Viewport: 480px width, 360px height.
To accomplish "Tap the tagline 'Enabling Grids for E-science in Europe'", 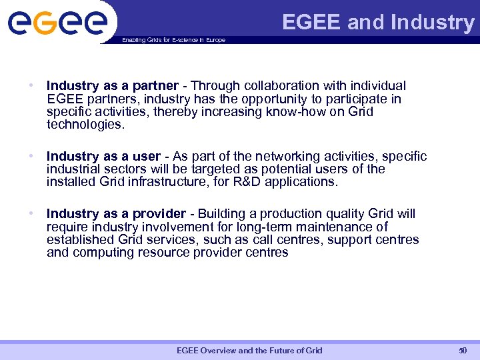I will (173, 40).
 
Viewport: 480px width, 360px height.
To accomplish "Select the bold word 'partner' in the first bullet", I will (156, 86).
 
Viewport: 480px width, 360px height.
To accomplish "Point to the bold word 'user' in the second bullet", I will (147, 157).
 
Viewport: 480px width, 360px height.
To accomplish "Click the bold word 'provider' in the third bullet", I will (159, 214).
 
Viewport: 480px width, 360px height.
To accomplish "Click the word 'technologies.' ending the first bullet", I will (86, 125).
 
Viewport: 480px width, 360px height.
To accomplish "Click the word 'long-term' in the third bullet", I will (264, 227).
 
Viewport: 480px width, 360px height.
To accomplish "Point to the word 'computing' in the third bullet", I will (105, 253).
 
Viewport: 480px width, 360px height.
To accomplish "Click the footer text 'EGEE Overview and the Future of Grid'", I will (249, 351).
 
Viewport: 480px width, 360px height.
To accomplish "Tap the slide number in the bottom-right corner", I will (463, 351).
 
